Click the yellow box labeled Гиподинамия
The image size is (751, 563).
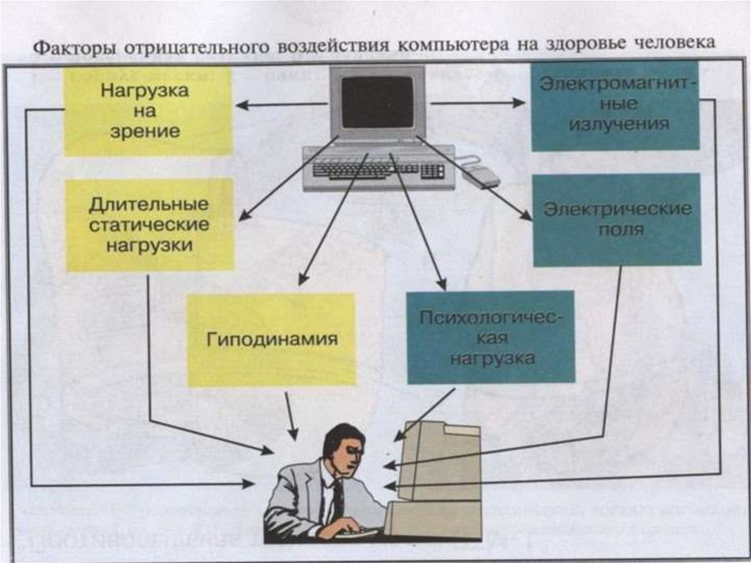271,340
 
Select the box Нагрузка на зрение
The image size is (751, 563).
147,111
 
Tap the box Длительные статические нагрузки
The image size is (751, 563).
150,225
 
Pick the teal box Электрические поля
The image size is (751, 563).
616,219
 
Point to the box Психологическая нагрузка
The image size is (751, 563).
491,337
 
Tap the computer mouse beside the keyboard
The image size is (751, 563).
483,175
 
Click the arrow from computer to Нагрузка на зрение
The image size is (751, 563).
282,105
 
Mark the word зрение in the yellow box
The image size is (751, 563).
144,132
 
